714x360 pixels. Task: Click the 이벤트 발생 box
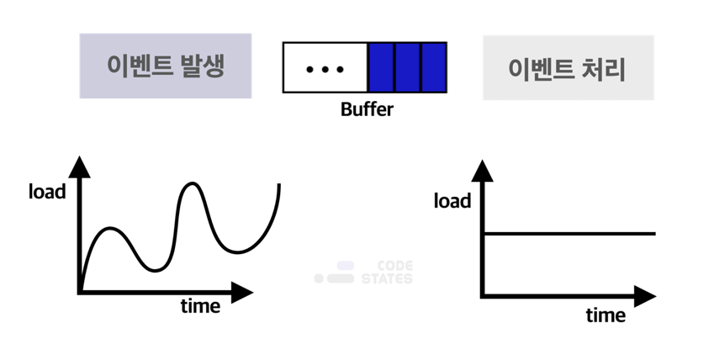click(x=166, y=66)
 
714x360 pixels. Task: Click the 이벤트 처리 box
click(x=568, y=68)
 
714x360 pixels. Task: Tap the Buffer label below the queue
click(x=367, y=109)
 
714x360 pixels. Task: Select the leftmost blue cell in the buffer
click(x=382, y=67)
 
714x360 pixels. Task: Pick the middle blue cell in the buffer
click(x=408, y=67)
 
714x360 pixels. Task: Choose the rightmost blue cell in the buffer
click(x=433, y=67)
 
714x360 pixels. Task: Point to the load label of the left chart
click(x=47, y=192)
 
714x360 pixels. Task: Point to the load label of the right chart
click(x=452, y=201)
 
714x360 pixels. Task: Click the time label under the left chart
click(x=200, y=306)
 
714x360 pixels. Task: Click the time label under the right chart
click(x=606, y=316)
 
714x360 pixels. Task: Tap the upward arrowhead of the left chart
click(x=80, y=165)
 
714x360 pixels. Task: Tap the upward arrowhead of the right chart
click(x=483, y=171)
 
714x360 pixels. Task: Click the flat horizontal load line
click(x=572, y=233)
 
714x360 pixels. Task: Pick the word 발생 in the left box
click(x=203, y=66)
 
